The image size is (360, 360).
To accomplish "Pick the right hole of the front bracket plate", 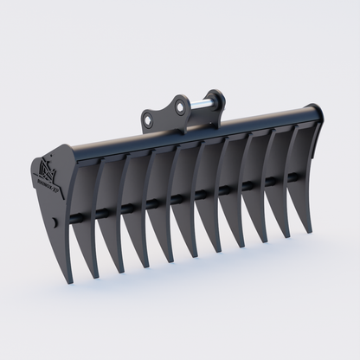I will pyautogui.click(x=181, y=106).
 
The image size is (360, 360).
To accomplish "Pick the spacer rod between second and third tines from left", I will pyautogui.click(x=125, y=208).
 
